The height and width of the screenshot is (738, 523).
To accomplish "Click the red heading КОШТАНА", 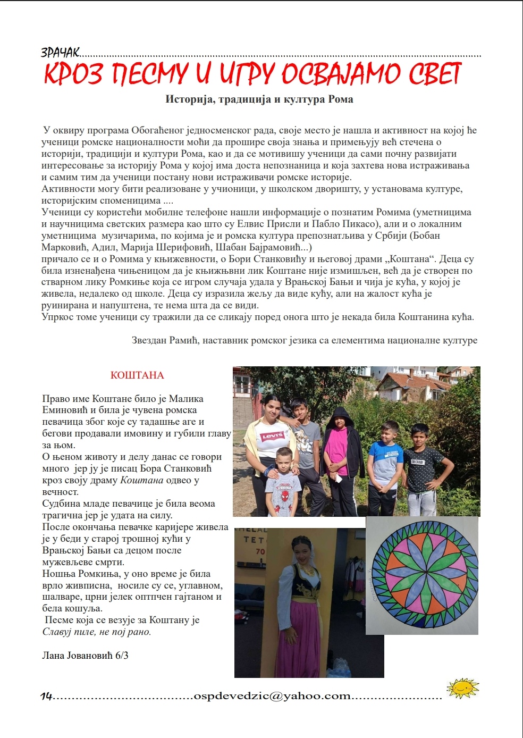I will [x=137, y=375].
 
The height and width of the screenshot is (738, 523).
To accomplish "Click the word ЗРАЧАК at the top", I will [x=60, y=52].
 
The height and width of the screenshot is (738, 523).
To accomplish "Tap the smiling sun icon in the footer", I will [x=462, y=689].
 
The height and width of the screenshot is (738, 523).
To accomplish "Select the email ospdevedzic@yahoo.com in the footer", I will [x=272, y=695].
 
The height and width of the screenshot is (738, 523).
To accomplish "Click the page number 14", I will [x=47, y=696].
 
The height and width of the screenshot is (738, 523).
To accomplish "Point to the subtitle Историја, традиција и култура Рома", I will [x=259, y=99].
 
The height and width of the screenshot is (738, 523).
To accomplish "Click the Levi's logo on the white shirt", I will [x=271, y=437].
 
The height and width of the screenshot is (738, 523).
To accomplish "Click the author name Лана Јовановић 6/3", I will [x=85, y=656].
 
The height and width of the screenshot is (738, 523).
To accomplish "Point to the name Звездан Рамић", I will [x=165, y=340].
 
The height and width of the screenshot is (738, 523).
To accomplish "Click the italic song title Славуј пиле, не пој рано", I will [x=97, y=632].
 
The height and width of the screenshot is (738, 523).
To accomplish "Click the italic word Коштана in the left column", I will [x=141, y=480].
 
